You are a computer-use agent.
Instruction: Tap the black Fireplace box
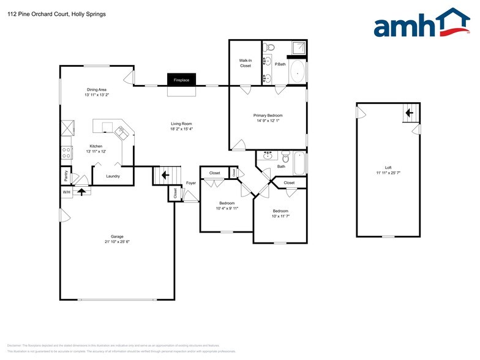(x=181, y=80)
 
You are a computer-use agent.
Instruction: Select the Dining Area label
(x=96, y=89)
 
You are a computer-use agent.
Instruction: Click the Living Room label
(x=181, y=124)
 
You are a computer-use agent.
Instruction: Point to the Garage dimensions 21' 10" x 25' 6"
(x=117, y=242)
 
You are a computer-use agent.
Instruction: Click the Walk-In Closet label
(x=246, y=63)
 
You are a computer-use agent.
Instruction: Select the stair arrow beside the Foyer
(x=164, y=175)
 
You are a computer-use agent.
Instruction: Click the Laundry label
(x=113, y=176)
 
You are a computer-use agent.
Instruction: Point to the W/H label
(x=66, y=192)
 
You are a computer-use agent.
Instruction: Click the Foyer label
(x=191, y=182)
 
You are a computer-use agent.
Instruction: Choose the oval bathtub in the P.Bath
(x=297, y=72)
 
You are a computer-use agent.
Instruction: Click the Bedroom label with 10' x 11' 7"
(x=280, y=211)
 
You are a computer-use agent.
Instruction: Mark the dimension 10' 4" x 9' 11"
(x=227, y=208)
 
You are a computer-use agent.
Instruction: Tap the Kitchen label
(x=96, y=146)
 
